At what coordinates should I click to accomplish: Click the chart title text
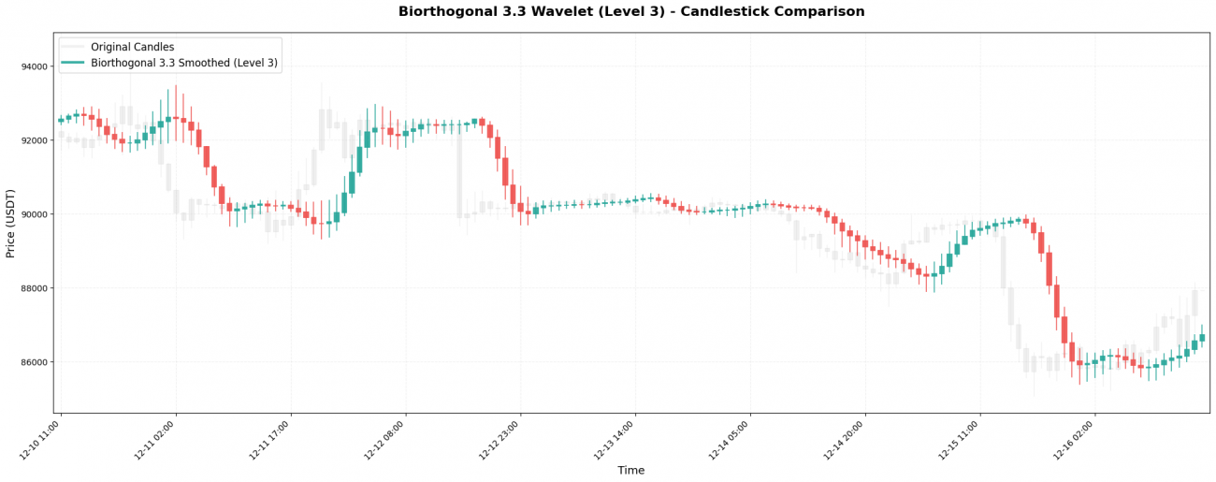point(631,12)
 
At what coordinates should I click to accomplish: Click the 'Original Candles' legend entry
point(132,47)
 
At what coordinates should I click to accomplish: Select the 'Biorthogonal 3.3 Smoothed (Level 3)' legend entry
point(183,64)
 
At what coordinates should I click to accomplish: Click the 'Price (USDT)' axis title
point(11,223)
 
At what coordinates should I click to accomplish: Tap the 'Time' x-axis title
point(631,471)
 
